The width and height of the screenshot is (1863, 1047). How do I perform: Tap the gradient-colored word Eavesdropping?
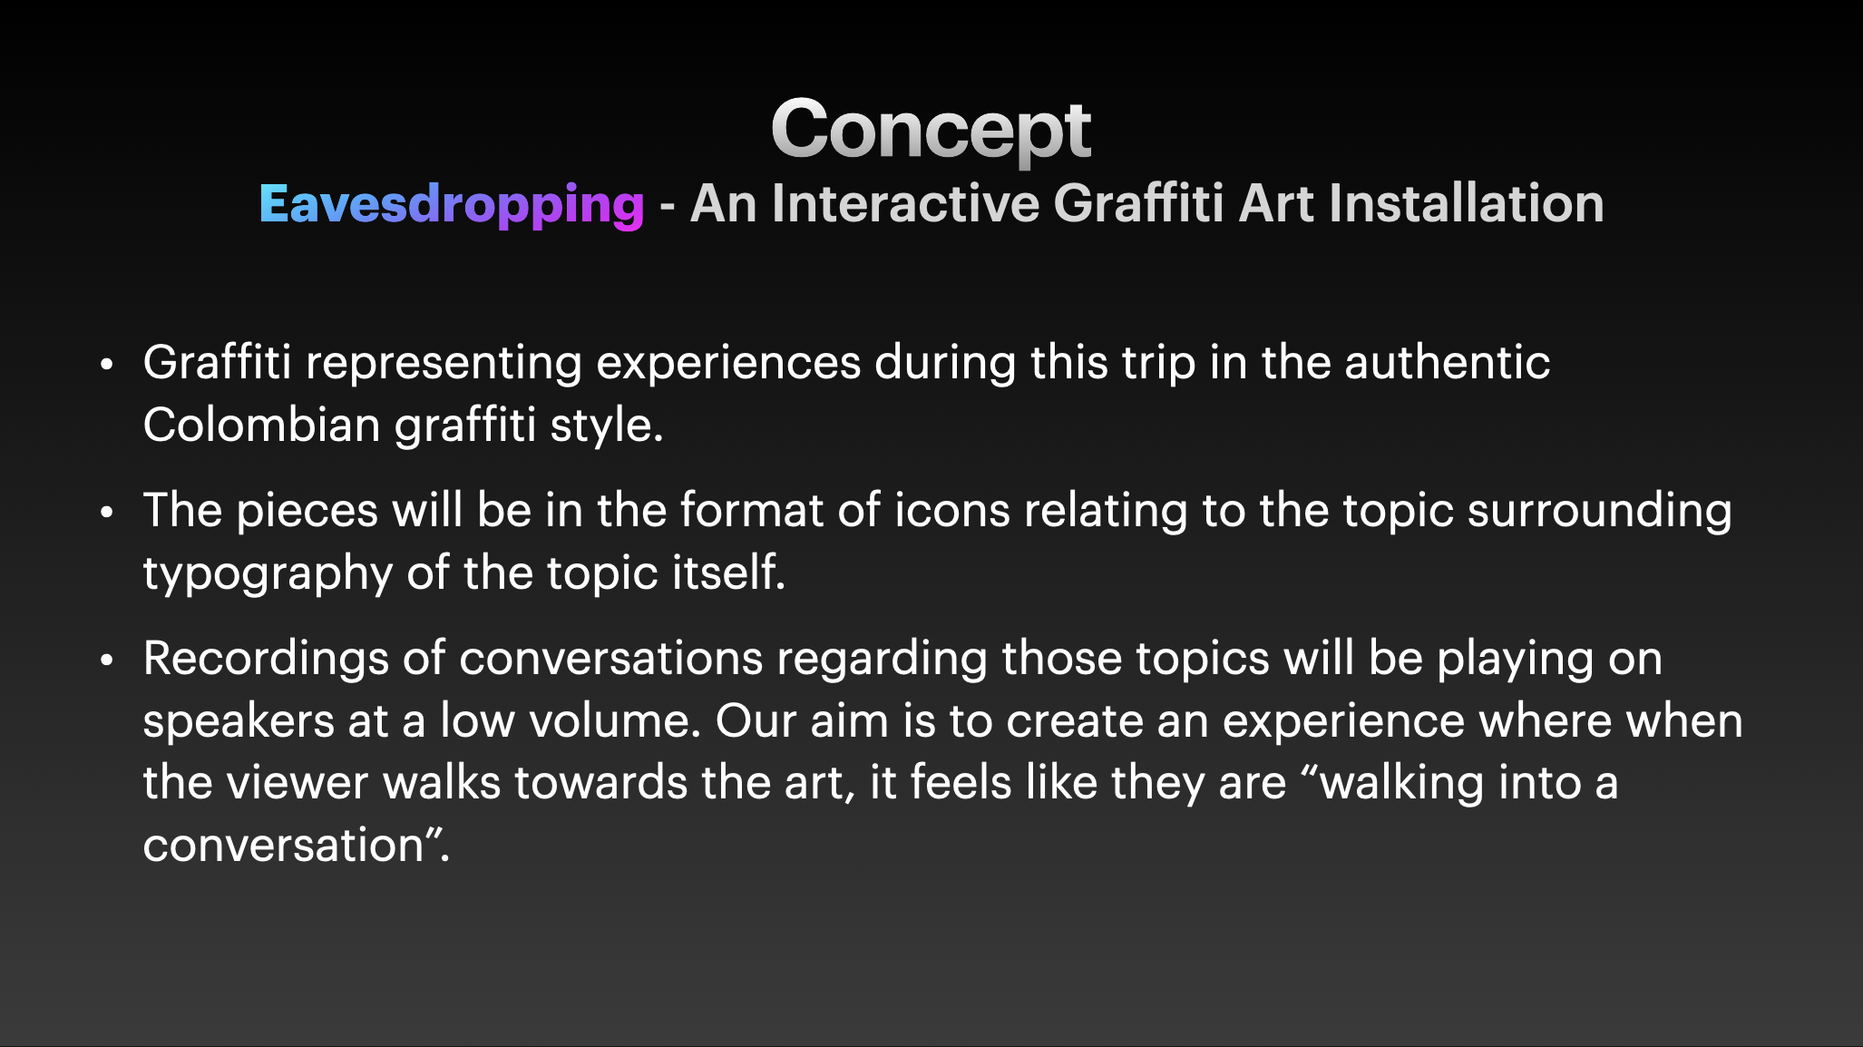click(452, 205)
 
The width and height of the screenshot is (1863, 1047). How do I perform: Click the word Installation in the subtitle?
click(1467, 203)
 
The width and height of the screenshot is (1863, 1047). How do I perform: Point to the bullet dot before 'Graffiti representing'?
click(107, 365)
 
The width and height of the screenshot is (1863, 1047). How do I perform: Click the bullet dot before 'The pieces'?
click(107, 513)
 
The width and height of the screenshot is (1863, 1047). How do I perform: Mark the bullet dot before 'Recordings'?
click(107, 660)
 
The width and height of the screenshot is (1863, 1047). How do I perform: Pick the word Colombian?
click(261, 424)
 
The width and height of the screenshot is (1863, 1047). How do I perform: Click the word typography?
click(268, 574)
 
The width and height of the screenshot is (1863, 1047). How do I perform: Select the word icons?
click(951, 511)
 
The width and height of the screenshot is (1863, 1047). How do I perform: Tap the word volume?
click(615, 721)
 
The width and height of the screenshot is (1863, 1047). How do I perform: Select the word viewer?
click(297, 782)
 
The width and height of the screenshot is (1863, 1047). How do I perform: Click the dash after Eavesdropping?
click(668, 207)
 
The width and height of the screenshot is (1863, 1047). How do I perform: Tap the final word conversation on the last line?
click(284, 846)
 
